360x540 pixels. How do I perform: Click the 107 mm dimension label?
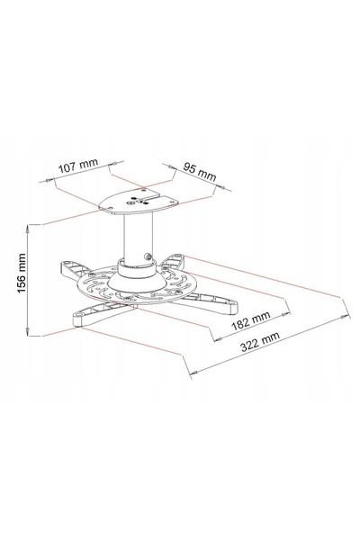pyautogui.click(x=78, y=166)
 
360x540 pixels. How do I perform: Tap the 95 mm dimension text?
pyautogui.click(x=200, y=172)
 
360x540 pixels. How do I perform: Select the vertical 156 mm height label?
pyautogui.click(x=22, y=273)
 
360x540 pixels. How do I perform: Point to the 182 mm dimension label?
pyautogui.click(x=251, y=320)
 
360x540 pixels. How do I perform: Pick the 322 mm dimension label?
pyautogui.click(x=260, y=341)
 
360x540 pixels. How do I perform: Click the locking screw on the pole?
pyautogui.click(x=148, y=256)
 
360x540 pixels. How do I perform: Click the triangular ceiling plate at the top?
pyautogui.click(x=139, y=202)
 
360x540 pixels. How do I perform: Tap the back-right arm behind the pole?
pyautogui.click(x=175, y=261)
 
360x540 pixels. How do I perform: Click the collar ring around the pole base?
pyautogui.click(x=138, y=268)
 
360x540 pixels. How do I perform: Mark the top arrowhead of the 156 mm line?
pyautogui.click(x=28, y=229)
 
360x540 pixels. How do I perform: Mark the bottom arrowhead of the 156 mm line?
pyautogui.click(x=28, y=331)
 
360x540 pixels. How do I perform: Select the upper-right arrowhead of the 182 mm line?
pyautogui.click(x=286, y=314)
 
